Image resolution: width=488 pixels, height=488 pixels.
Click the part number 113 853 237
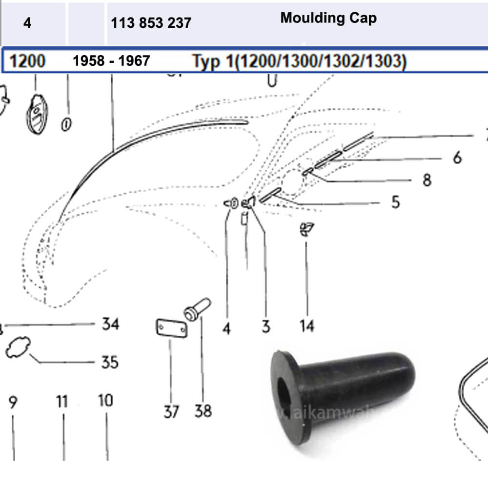pyautogui.click(x=151, y=23)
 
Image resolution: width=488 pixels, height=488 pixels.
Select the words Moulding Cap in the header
pyautogui.click(x=328, y=19)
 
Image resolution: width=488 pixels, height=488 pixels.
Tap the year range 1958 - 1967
pyautogui.click(x=111, y=61)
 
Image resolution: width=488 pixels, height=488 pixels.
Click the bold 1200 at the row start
pyautogui.click(x=28, y=61)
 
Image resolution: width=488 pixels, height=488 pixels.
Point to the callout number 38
pyautogui.click(x=203, y=411)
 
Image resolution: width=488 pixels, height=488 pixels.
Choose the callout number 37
pyautogui.click(x=171, y=412)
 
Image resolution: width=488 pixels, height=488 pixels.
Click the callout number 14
pyautogui.click(x=307, y=325)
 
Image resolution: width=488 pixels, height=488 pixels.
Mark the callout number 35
pyautogui.click(x=110, y=362)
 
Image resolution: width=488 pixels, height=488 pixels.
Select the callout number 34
pyautogui.click(x=110, y=324)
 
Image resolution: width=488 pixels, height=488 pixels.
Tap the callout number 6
pyautogui.click(x=457, y=158)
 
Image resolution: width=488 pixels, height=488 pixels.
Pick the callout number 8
pyautogui.click(x=427, y=180)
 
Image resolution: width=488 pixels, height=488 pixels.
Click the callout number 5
pyautogui.click(x=395, y=202)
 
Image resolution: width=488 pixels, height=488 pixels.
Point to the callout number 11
pyautogui.click(x=61, y=402)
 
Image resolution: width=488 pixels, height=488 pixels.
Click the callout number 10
pyautogui.click(x=105, y=401)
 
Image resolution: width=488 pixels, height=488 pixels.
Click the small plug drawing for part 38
pyautogui.click(x=197, y=309)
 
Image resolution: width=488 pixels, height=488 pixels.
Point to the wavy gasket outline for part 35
pyautogui.click(x=18, y=348)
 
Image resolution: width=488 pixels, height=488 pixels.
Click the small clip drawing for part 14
pyautogui.click(x=306, y=229)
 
